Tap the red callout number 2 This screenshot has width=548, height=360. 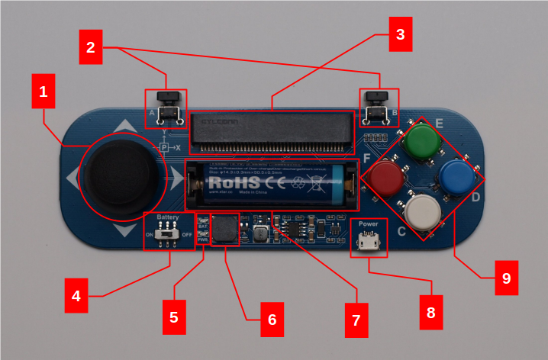point(91,47)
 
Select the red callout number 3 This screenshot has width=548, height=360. point(400,34)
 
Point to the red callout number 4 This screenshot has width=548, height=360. point(76,295)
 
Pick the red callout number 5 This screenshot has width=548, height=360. point(174,317)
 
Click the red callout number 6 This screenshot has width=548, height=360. point(271,319)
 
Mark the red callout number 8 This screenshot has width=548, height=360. point(430,313)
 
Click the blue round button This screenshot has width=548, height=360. point(456,177)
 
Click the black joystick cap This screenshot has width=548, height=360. point(121,175)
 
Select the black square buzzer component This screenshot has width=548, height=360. point(224,229)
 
